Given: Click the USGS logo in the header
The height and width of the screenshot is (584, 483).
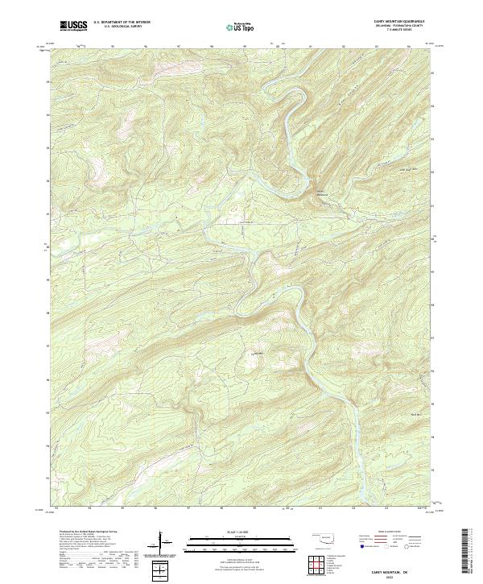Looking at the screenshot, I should click(x=73, y=26).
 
